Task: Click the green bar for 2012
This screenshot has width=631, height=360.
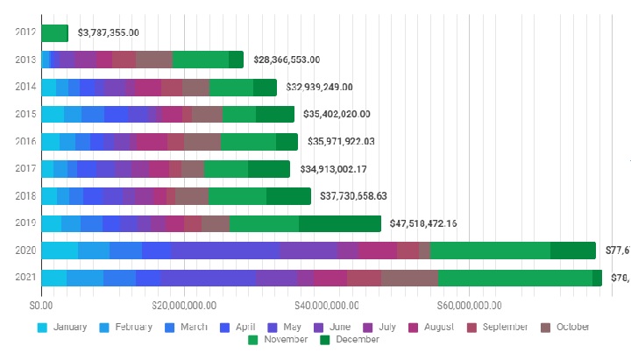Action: [54, 33]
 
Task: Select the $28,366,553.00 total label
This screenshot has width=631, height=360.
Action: [286, 60]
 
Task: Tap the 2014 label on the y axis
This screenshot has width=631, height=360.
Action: [25, 87]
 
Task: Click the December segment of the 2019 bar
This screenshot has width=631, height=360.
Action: [340, 223]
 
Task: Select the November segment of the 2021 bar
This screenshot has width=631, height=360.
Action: [515, 278]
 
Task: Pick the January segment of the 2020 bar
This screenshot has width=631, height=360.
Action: [60, 251]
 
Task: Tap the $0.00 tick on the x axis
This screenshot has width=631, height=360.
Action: [41, 306]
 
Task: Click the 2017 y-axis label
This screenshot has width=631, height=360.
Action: [25, 169]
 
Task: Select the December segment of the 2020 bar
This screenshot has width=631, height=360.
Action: [573, 251]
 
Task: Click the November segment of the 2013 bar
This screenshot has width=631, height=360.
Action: [201, 60]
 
